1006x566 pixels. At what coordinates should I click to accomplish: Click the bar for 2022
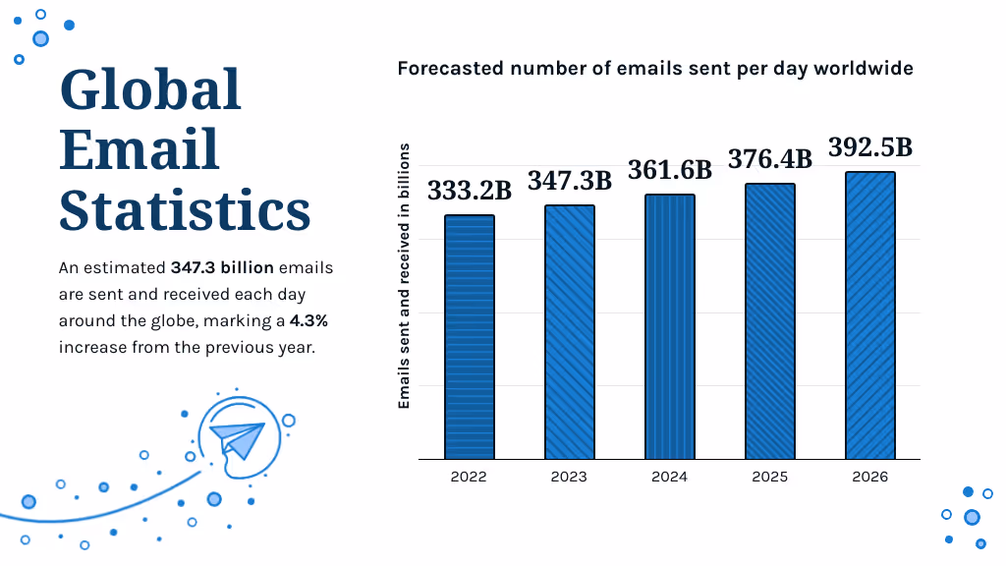[470, 337]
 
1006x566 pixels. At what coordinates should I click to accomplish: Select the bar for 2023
[570, 332]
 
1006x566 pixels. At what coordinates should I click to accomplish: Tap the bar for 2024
[670, 327]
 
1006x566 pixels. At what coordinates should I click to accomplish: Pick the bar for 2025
[770, 321]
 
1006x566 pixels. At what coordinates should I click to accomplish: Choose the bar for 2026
[870, 315]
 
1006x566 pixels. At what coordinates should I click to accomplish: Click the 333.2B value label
[470, 191]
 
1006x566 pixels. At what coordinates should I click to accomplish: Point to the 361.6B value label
[670, 170]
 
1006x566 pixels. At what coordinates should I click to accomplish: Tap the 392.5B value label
[870, 147]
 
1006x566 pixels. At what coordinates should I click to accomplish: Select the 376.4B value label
[770, 159]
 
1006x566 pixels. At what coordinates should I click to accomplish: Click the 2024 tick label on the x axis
[670, 477]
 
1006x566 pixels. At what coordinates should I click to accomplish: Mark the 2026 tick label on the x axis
[870, 477]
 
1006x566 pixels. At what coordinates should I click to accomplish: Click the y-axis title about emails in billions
[404, 275]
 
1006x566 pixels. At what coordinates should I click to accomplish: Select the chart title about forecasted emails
[655, 68]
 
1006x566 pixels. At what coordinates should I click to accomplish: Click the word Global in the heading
[150, 90]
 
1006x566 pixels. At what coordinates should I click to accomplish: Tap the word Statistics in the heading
[185, 210]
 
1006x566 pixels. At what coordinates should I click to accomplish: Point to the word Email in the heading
[140, 150]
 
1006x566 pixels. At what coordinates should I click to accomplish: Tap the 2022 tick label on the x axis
[470, 477]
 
